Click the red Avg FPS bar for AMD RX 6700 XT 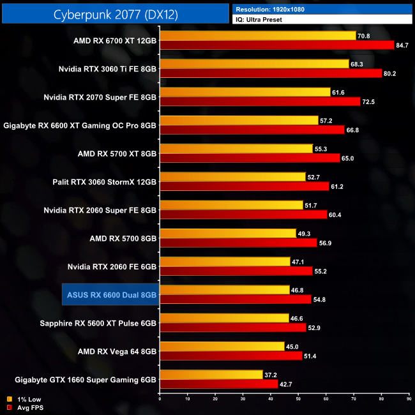click(x=275, y=45)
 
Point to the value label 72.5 click(x=368, y=102)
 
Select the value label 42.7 click(x=287, y=384)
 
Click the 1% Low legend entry click(x=26, y=399)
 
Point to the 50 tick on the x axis click(x=298, y=399)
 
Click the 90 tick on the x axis click(x=408, y=399)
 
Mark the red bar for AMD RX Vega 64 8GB click(x=230, y=356)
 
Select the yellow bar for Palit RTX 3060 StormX click(x=232, y=177)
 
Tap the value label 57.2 click(x=327, y=120)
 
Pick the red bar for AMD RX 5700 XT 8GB click(x=249, y=158)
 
